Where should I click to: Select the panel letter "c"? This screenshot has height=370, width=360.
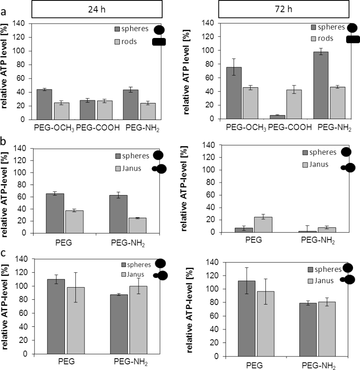pos(3,253)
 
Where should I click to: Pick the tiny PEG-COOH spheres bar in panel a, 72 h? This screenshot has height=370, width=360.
pos(278,117)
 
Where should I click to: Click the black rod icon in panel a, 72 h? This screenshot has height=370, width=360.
pos(353,40)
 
